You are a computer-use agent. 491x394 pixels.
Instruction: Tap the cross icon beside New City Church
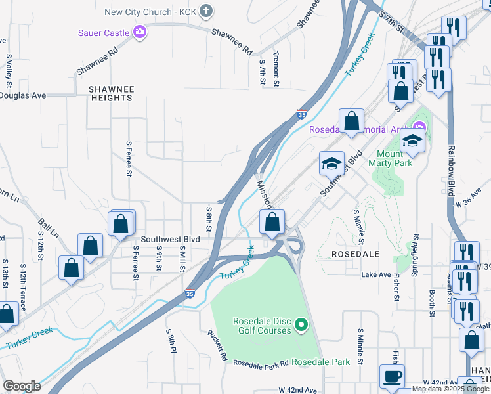click(x=206, y=11)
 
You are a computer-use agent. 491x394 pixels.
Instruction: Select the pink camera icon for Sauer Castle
click(x=139, y=32)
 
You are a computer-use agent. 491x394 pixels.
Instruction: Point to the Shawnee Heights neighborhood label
click(x=112, y=93)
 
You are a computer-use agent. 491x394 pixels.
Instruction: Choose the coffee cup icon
click(x=393, y=377)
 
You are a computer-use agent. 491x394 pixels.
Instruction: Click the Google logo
click(x=22, y=386)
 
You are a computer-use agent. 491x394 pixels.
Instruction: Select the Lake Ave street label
click(x=376, y=274)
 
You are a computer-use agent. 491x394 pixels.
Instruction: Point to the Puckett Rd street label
click(x=218, y=345)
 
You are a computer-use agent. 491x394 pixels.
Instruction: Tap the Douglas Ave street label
click(x=23, y=95)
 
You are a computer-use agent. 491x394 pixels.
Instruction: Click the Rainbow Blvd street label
click(x=452, y=171)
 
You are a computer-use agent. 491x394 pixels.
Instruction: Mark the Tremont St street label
click(x=276, y=70)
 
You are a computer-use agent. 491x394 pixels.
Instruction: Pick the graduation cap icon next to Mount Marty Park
click(x=412, y=141)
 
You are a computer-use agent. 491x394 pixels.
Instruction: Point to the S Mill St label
click(x=182, y=258)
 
